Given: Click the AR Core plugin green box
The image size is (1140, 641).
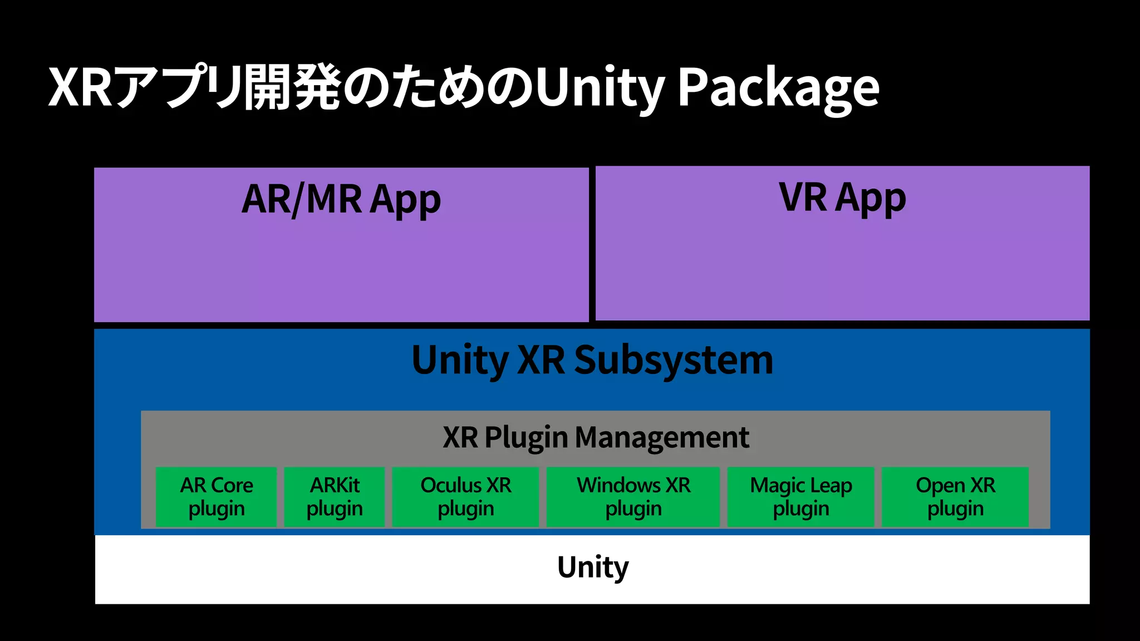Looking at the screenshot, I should pyautogui.click(x=216, y=496).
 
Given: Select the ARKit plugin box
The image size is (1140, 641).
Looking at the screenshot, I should pyautogui.click(x=334, y=496).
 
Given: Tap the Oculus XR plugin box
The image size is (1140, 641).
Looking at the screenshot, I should pyautogui.click(x=465, y=496).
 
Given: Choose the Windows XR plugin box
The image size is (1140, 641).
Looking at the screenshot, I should pyautogui.click(x=633, y=496).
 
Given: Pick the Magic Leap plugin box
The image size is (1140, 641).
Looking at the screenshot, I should pyautogui.click(x=800, y=496).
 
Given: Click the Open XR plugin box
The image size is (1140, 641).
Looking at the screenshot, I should pyautogui.click(x=955, y=496).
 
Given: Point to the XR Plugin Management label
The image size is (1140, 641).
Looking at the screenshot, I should pyautogui.click(x=596, y=437).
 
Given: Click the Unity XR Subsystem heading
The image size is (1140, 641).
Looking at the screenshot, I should pyautogui.click(x=592, y=361).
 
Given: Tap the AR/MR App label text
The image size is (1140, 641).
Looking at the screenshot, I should pyautogui.click(x=341, y=200).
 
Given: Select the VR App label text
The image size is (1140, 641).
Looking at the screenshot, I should pyautogui.click(x=842, y=198).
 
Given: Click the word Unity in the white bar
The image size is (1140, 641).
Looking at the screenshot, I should pyautogui.click(x=592, y=568).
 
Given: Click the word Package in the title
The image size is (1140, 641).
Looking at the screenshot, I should pyautogui.click(x=778, y=88).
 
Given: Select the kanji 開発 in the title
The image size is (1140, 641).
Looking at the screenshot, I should pyautogui.click(x=293, y=88).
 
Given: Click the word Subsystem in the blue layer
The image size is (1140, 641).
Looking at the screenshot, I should pyautogui.click(x=673, y=361).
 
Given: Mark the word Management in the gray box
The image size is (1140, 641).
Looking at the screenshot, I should pyautogui.click(x=662, y=437).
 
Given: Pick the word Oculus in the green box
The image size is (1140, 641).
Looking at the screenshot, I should pyautogui.click(x=451, y=485).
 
